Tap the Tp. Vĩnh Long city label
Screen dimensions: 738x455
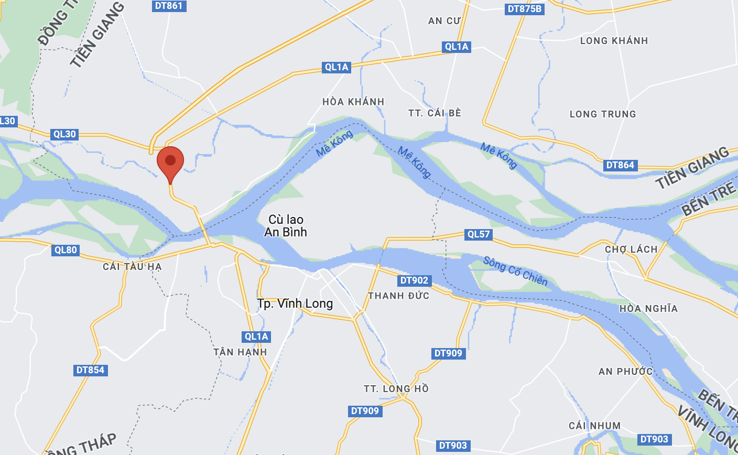pos(295,304)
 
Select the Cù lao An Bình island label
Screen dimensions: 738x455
pos(286,226)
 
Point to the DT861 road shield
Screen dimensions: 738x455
pos(169,6)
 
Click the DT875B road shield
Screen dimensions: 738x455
pos(525,9)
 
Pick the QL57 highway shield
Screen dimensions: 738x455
pos(479,234)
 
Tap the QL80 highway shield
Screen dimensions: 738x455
pos(66,250)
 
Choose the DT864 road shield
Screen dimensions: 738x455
pos(620,165)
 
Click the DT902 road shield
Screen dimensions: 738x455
pos(414,280)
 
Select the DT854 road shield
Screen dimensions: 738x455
pos(90,370)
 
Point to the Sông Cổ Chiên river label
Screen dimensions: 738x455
pos(515,271)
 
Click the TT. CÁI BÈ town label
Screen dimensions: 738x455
pos(435,113)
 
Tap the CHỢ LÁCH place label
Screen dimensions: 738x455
pos(631,250)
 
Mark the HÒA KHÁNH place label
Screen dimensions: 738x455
pos(353,102)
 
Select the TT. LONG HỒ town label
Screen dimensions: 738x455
pos(396,389)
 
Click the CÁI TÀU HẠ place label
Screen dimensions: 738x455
pos(132,267)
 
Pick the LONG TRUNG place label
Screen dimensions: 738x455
pos(603,114)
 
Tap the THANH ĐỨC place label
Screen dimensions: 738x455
pos(398,296)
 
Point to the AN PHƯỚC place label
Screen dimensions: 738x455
pos(625,372)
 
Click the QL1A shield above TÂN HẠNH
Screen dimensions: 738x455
pos(256,337)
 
